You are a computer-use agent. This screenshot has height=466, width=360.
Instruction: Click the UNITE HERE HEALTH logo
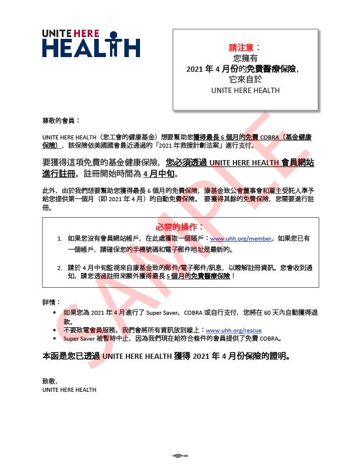point(91,43)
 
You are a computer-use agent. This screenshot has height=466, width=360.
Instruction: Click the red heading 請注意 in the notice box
point(245,47)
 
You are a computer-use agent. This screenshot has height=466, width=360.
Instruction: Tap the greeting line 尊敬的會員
point(61,120)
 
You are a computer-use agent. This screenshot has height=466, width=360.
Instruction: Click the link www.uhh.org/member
point(242,239)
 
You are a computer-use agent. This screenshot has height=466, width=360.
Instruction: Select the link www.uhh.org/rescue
point(234,331)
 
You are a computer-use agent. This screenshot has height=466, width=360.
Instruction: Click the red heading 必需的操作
point(181,227)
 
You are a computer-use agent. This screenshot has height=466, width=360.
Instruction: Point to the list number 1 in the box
point(59,239)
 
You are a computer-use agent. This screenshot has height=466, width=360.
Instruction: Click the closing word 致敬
point(49,381)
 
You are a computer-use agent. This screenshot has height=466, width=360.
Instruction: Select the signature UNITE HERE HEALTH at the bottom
point(69,390)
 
